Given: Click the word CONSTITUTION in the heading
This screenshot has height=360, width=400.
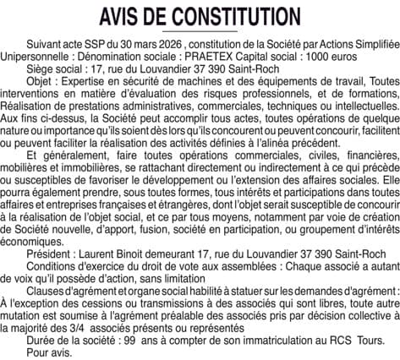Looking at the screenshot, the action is [x=227, y=18].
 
